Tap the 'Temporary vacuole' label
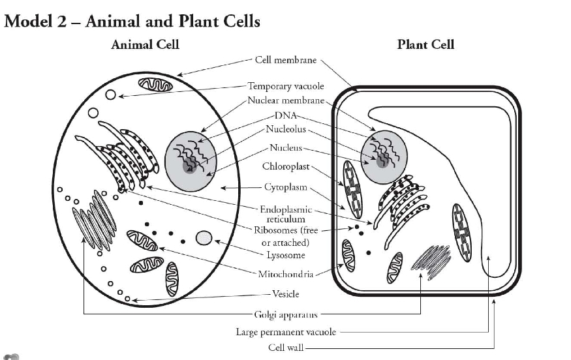tap(286, 86)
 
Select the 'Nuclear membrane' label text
tap(286, 100)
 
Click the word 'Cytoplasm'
tap(285, 187)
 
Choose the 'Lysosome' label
tap(286, 255)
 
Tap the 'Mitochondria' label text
tap(285, 274)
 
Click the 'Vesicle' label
tap(285, 294)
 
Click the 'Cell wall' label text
tap(286, 347)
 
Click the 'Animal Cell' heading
tap(145, 45)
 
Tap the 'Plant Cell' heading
tap(425, 45)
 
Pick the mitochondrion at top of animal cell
tap(155, 84)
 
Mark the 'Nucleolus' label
tap(285, 129)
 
